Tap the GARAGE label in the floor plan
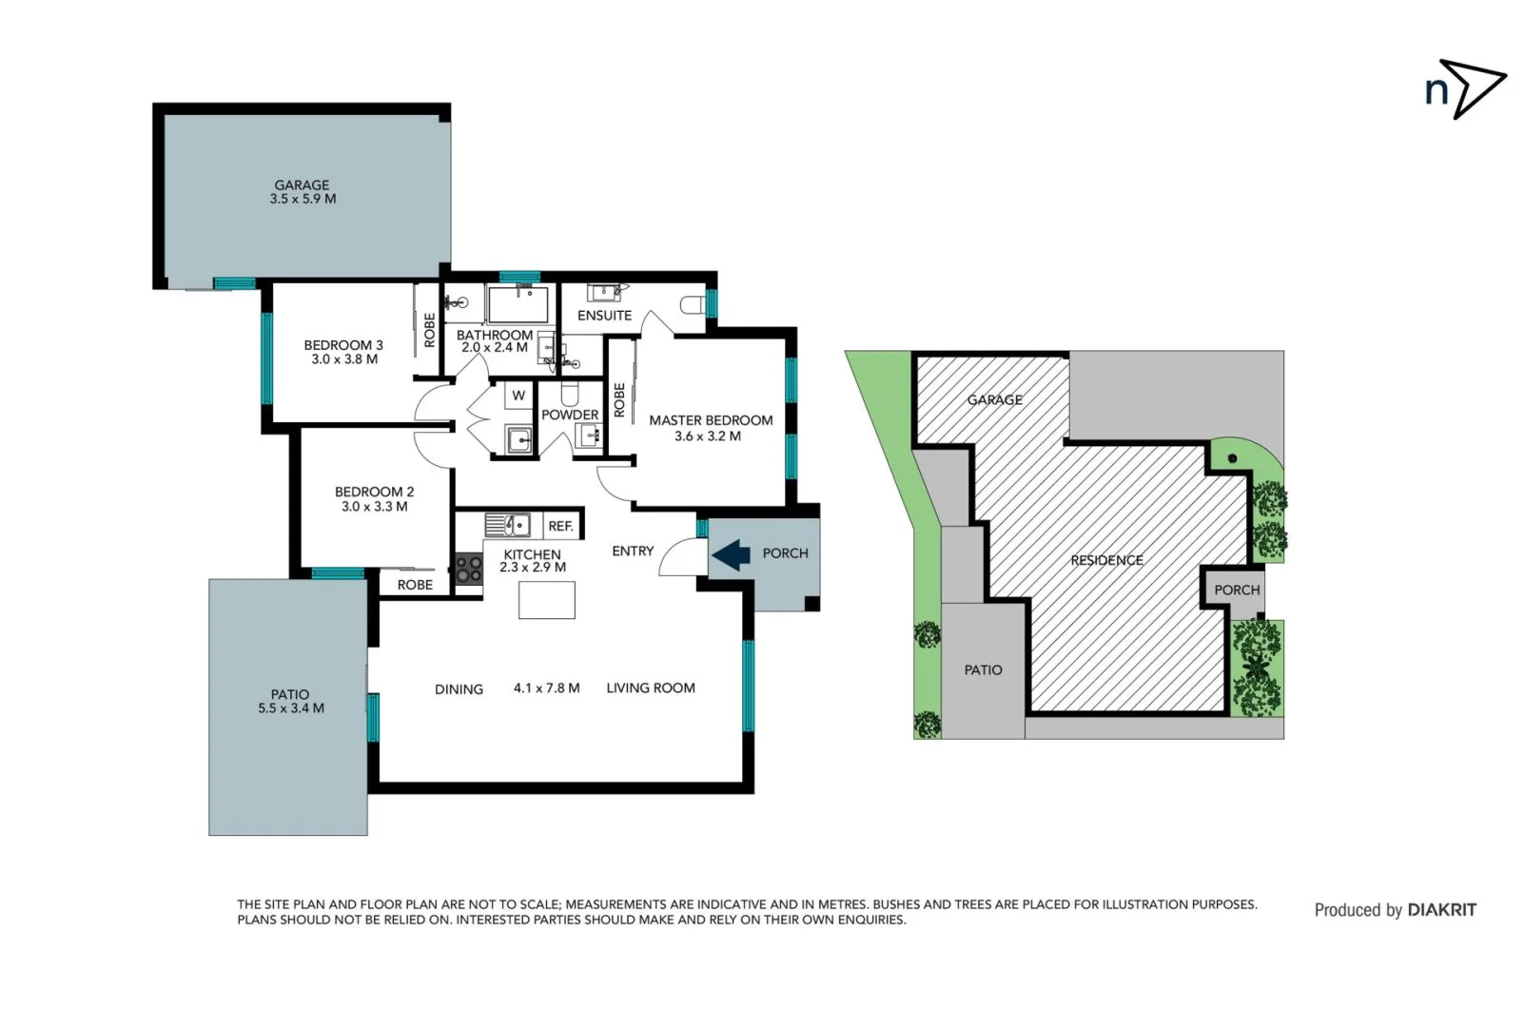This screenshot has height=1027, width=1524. point(302,185)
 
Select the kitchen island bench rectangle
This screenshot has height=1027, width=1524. point(546,600)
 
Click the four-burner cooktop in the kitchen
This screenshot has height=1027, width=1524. point(468,569)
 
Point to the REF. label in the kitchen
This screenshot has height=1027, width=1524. point(560,526)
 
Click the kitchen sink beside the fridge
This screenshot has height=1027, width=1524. point(507,525)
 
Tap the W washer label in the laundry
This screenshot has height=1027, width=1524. point(518,396)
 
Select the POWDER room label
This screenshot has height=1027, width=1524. point(570,415)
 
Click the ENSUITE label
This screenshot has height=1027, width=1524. point(604,315)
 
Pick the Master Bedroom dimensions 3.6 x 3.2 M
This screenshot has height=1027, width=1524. point(707,436)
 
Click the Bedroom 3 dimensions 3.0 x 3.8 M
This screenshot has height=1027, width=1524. point(344,359)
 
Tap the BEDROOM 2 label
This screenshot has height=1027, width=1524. point(374,492)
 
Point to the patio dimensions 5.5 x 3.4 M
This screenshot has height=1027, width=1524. point(290,708)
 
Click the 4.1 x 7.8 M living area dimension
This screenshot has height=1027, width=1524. point(546,688)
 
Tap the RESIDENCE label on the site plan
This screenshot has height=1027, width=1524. point(1106,560)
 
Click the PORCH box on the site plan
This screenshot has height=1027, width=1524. point(1236,591)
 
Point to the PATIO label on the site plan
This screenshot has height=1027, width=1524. point(983,670)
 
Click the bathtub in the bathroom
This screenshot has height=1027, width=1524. point(518,304)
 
